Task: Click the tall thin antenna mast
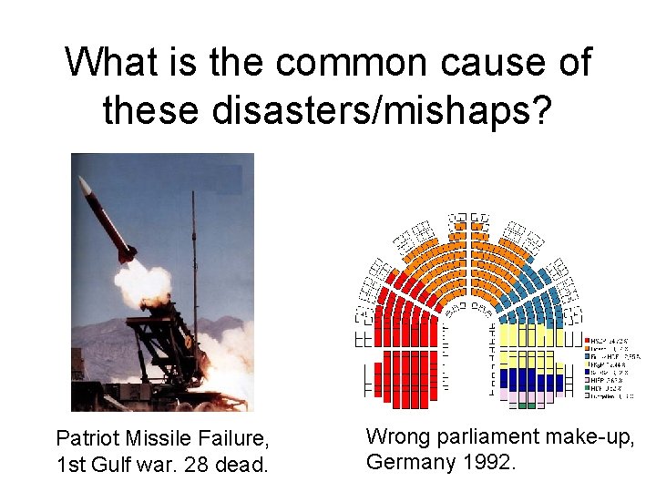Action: tap(194, 264)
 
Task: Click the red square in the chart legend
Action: tap(587, 340)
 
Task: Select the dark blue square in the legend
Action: tap(587, 372)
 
